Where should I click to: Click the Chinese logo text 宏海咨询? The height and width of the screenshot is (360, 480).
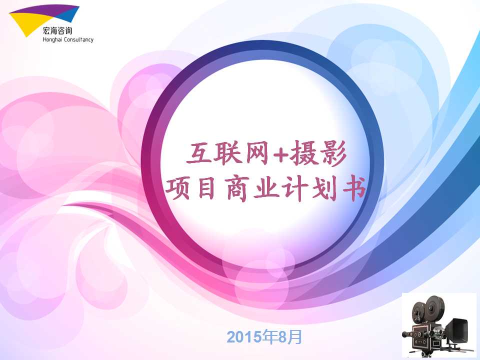57,31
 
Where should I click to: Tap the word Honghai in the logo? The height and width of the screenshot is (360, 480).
52,39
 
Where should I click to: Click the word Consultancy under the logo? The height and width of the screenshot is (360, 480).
78,39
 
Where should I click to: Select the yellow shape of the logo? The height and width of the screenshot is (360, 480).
25,23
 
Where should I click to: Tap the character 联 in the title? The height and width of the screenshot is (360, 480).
226,152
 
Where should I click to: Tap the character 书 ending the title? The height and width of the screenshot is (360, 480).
354,188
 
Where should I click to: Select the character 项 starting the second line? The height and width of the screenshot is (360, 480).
178,188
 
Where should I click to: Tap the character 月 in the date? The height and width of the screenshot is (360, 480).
295,336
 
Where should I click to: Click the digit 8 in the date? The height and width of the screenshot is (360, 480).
283,337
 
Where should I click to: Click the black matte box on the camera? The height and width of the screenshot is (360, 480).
457,330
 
